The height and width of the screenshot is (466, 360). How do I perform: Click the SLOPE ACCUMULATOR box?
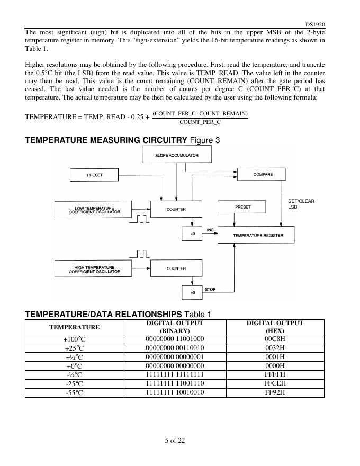(177, 155)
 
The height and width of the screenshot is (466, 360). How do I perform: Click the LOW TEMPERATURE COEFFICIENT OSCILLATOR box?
(94, 210)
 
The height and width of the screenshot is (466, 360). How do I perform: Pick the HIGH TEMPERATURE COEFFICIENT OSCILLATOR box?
(94, 270)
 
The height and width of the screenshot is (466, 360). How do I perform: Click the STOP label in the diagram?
(210, 289)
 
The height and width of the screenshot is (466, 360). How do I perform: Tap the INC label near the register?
(210, 230)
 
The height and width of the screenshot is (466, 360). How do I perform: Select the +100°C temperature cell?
(75, 338)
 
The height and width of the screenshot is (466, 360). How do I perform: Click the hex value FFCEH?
(275, 383)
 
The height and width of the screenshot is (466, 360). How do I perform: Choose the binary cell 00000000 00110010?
(175, 347)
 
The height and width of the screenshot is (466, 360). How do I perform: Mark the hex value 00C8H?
(275, 338)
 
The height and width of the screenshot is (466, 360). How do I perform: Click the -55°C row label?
(75, 392)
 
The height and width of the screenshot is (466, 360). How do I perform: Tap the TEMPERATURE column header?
(75, 327)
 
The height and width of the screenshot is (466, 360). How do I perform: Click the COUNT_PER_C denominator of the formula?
(200, 122)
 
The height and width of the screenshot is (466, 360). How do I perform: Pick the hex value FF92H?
(275, 392)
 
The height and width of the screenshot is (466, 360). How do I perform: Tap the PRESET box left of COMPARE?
(95, 174)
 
